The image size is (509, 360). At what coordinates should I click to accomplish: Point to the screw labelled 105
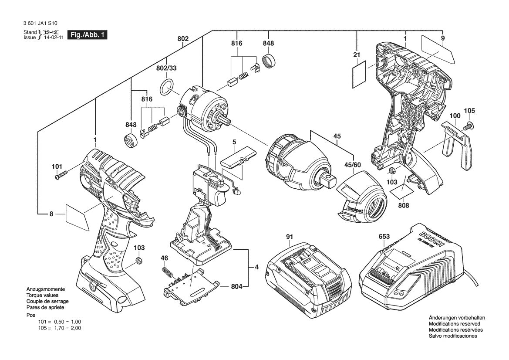click(469, 127)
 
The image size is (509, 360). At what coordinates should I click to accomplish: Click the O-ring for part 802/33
click(167, 88)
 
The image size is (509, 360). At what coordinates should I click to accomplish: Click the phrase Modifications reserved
click(454, 324)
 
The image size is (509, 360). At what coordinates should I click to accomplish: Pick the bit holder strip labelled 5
click(239, 158)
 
